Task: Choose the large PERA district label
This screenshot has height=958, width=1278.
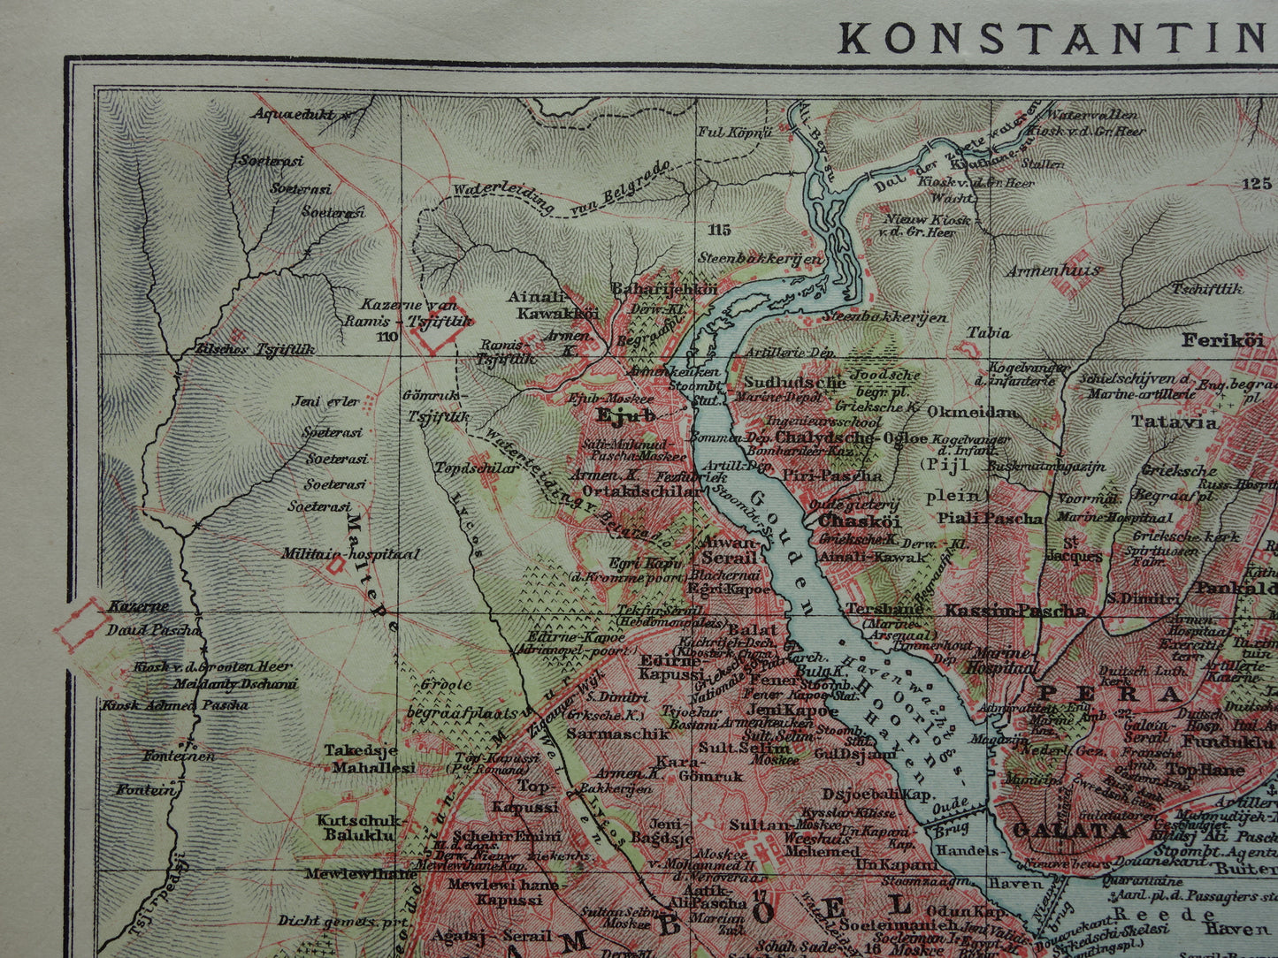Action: point(1109,694)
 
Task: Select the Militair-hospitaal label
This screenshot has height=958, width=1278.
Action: point(350,554)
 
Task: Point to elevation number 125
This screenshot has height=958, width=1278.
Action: point(1255,184)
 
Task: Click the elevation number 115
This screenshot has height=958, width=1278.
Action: point(719,230)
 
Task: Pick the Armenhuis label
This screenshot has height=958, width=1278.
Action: point(1053,270)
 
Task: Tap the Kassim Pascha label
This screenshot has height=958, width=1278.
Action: point(1014,611)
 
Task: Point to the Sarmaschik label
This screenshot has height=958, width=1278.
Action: point(606,734)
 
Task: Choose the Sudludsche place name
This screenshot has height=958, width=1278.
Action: point(794,383)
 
